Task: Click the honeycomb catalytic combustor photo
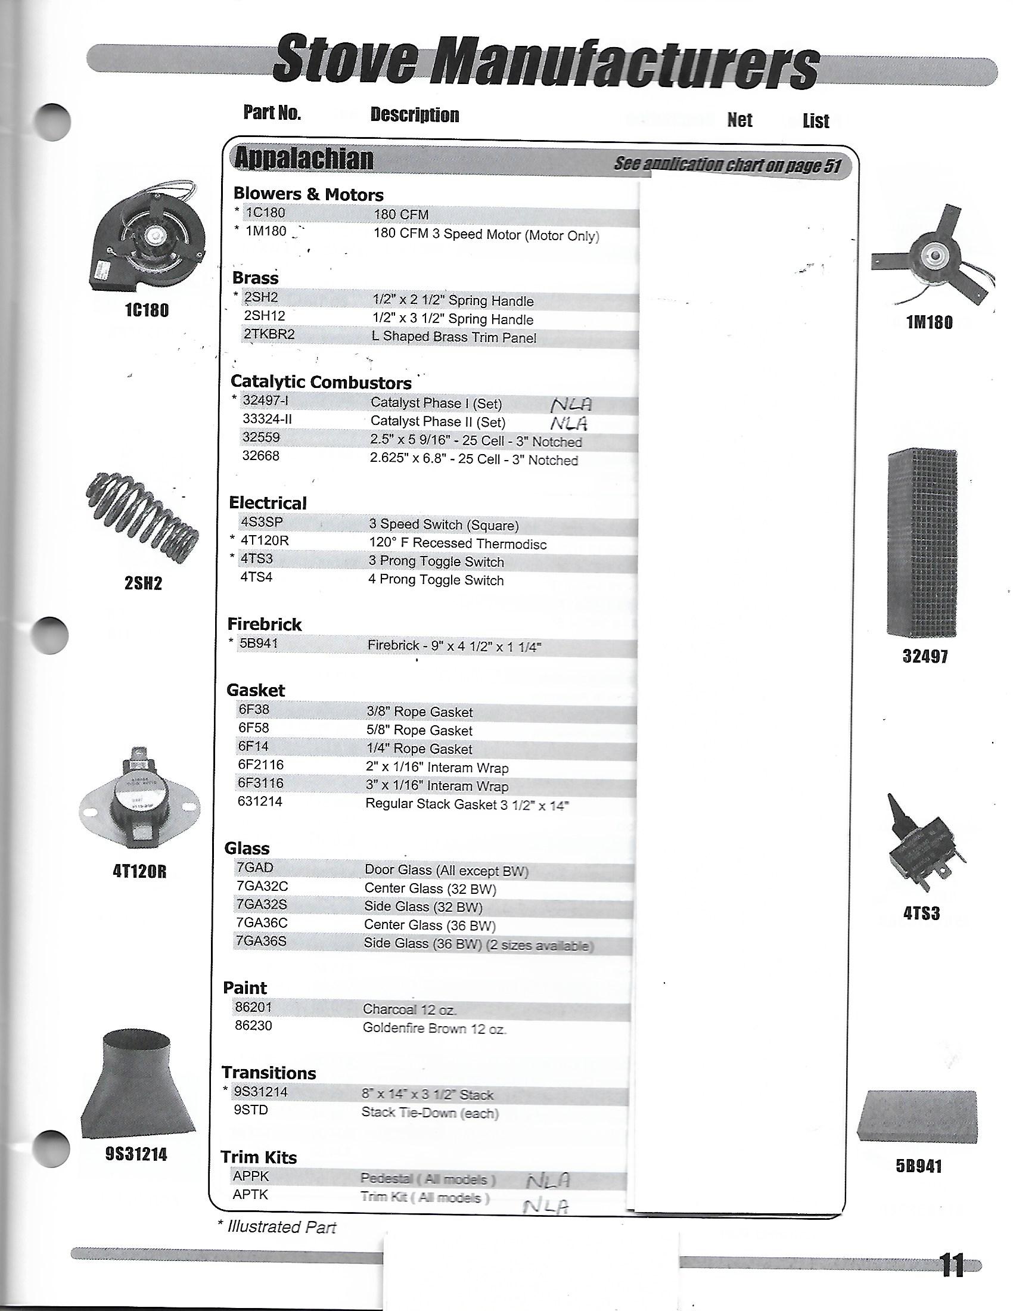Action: point(922,544)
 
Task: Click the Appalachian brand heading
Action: point(304,159)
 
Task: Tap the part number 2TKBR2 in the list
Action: point(269,334)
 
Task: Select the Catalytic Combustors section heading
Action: point(321,383)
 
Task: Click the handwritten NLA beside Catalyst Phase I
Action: point(571,404)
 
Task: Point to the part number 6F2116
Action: point(261,765)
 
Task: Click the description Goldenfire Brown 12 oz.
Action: point(434,1029)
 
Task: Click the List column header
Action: point(816,121)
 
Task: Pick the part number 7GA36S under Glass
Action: point(261,941)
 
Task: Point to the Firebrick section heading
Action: point(265,625)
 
